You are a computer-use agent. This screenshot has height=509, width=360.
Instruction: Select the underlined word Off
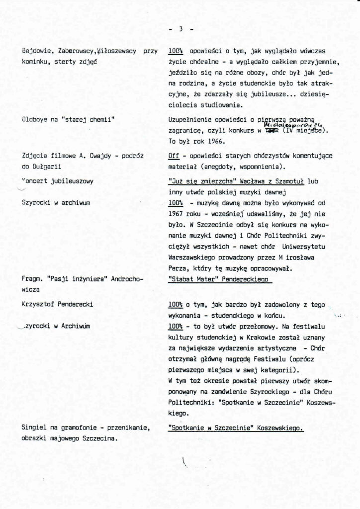click(174, 156)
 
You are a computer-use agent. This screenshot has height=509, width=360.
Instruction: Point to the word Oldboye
click(38, 120)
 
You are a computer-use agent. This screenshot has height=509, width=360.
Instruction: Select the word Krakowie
click(244, 337)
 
